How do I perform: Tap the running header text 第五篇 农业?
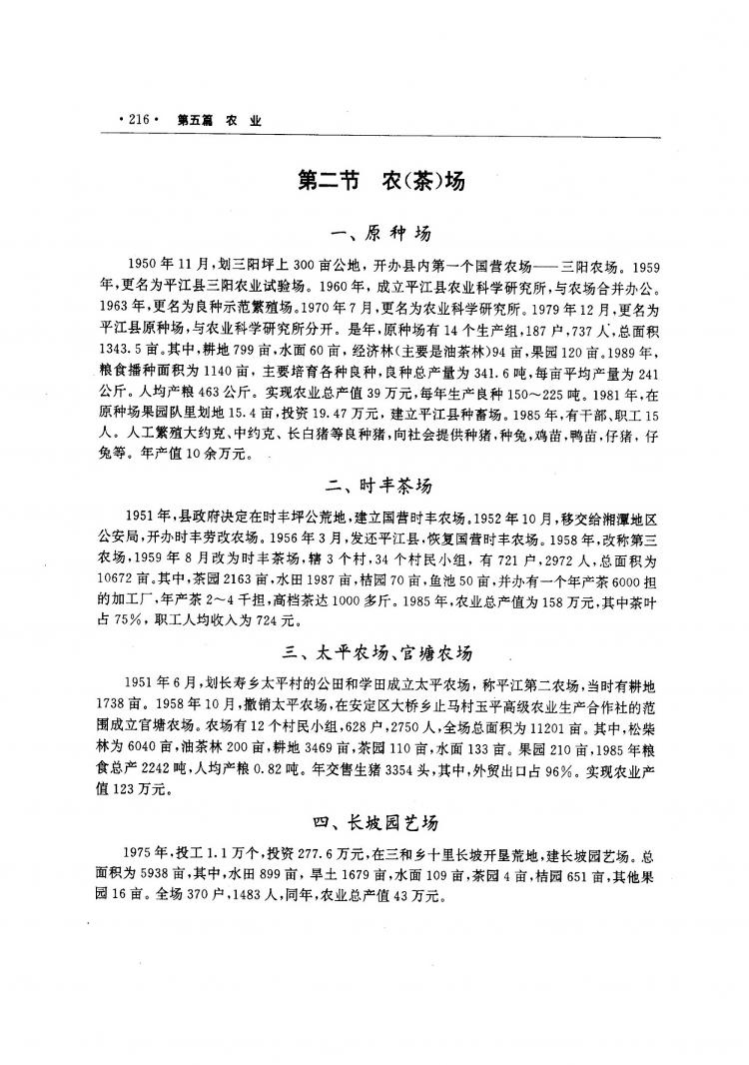219,120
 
